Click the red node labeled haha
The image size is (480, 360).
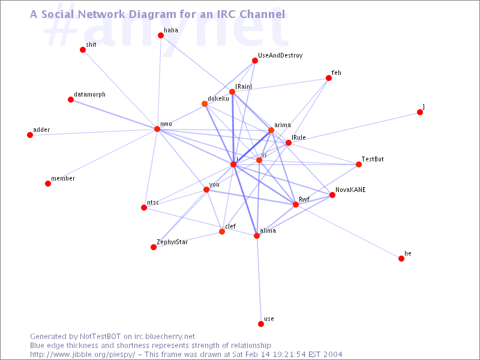161,35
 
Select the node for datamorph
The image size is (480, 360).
71,100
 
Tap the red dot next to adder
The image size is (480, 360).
30,135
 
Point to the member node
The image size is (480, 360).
48,184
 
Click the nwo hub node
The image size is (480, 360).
157,129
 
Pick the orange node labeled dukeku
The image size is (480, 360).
205,104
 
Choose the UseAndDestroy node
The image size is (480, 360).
255,61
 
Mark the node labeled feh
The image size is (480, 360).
329,78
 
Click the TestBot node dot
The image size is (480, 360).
359,164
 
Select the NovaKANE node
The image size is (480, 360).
332,195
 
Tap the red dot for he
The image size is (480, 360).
401,259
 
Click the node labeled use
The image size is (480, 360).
261,324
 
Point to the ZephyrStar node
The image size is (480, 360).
154,247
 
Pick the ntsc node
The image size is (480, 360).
144,208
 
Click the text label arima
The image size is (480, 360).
283,125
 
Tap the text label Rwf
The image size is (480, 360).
304,199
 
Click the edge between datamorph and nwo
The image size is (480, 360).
114,115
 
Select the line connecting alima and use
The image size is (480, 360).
259,280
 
